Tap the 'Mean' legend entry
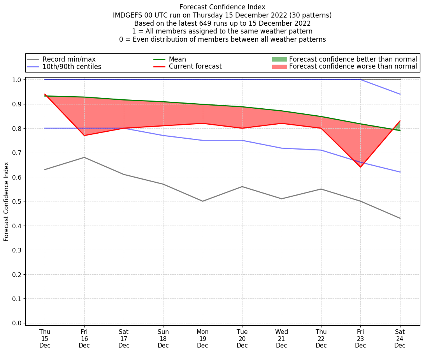(177, 59)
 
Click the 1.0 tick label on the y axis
(18, 79)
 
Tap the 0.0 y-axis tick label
(18, 323)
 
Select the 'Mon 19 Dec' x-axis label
(202, 339)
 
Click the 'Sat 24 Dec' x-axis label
(400, 339)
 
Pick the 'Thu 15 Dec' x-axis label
(45, 339)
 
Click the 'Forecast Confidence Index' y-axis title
(7, 201)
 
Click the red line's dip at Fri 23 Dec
(360, 167)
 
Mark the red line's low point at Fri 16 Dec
(84, 135)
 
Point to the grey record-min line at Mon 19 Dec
(202, 201)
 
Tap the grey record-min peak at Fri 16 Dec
(84, 157)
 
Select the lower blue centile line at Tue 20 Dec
(242, 140)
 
